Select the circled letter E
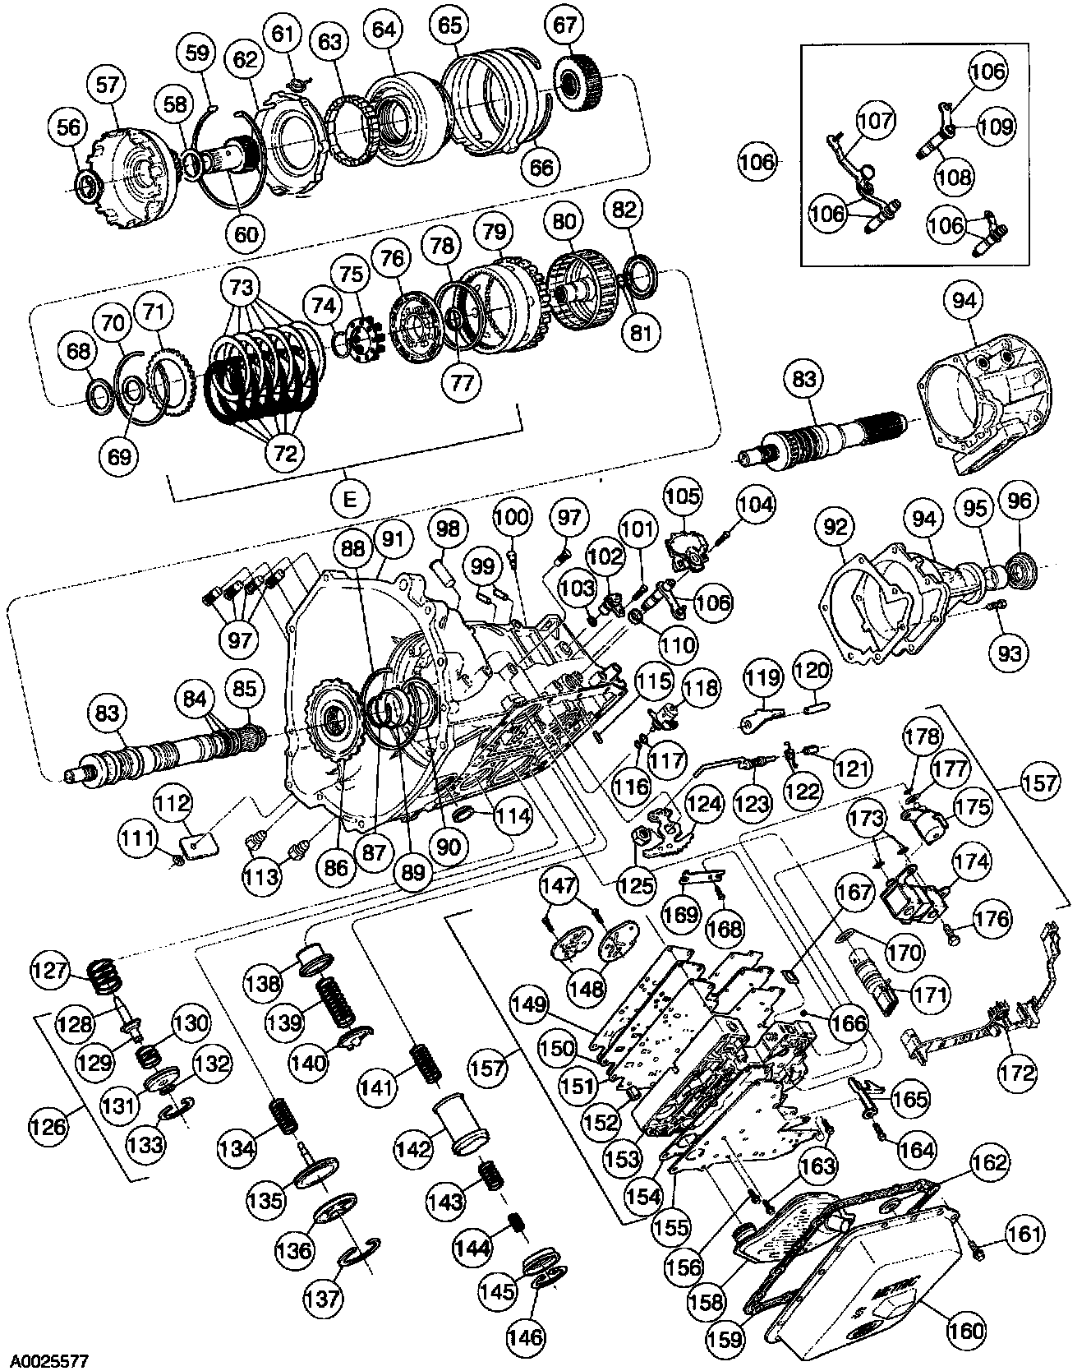(x=349, y=500)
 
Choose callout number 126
(x=48, y=1124)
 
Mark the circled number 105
(x=684, y=496)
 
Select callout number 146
(x=525, y=1336)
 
